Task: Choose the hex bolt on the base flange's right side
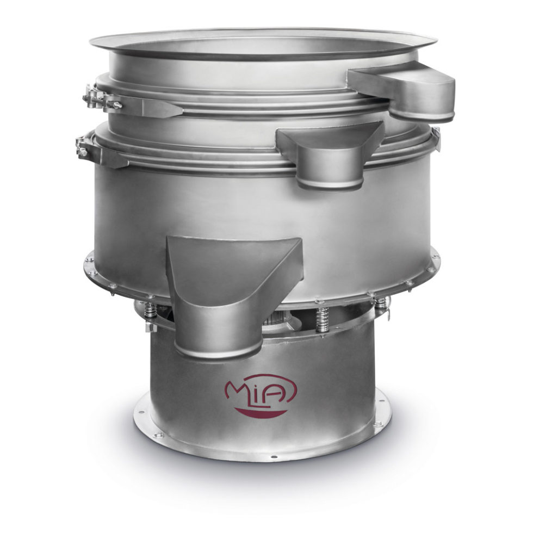[x=377, y=423]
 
